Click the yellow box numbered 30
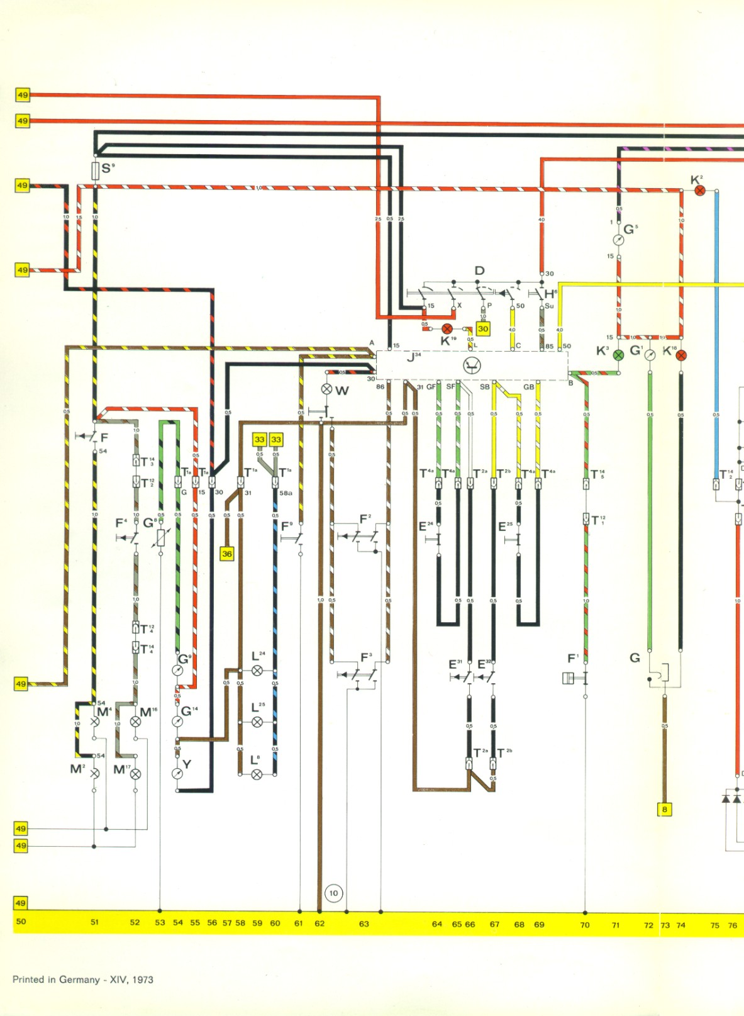(x=483, y=328)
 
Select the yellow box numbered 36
(x=227, y=554)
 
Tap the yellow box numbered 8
(x=665, y=809)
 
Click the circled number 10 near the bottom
(x=333, y=893)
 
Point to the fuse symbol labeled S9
(x=96, y=170)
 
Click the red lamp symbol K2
(x=699, y=190)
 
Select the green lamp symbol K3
(x=618, y=355)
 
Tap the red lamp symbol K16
(x=681, y=355)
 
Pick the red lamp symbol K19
(x=447, y=328)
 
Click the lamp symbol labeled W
(x=327, y=389)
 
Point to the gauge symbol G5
(x=619, y=240)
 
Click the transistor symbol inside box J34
(x=472, y=365)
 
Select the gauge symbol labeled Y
(x=177, y=773)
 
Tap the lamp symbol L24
(x=257, y=671)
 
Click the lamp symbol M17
(x=135, y=774)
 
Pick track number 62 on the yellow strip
(x=319, y=924)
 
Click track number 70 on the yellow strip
(x=585, y=925)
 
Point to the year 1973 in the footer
(x=143, y=980)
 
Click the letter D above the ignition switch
(x=479, y=271)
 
